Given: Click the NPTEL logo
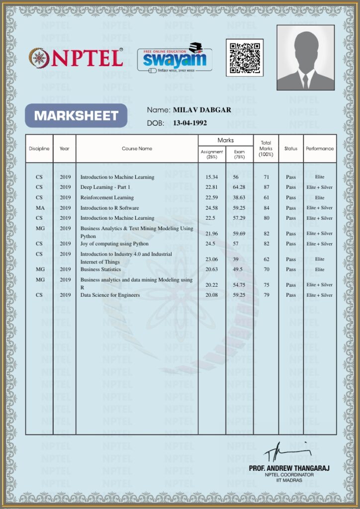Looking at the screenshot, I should (x=76, y=58).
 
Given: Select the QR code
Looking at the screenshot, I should (x=244, y=58).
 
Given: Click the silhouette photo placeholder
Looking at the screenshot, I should (x=305, y=58).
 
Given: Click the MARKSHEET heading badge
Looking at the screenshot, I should (x=76, y=116).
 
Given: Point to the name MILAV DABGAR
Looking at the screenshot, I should (x=202, y=110).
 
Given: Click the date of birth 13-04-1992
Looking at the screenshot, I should (x=190, y=123).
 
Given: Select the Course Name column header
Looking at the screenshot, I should (x=137, y=149).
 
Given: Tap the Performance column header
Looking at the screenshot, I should (x=320, y=149).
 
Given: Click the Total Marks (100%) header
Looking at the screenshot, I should (x=266, y=149).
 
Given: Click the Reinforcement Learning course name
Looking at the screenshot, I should (x=107, y=198).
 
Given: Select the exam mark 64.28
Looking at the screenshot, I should (x=239, y=187).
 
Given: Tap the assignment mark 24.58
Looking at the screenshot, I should (x=212, y=208).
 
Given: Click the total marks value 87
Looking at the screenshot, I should (x=267, y=187).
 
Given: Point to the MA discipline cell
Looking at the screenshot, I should (x=39, y=208).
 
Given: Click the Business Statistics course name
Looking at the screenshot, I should (x=100, y=269).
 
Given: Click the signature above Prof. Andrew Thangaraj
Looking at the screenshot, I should (x=285, y=453).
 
